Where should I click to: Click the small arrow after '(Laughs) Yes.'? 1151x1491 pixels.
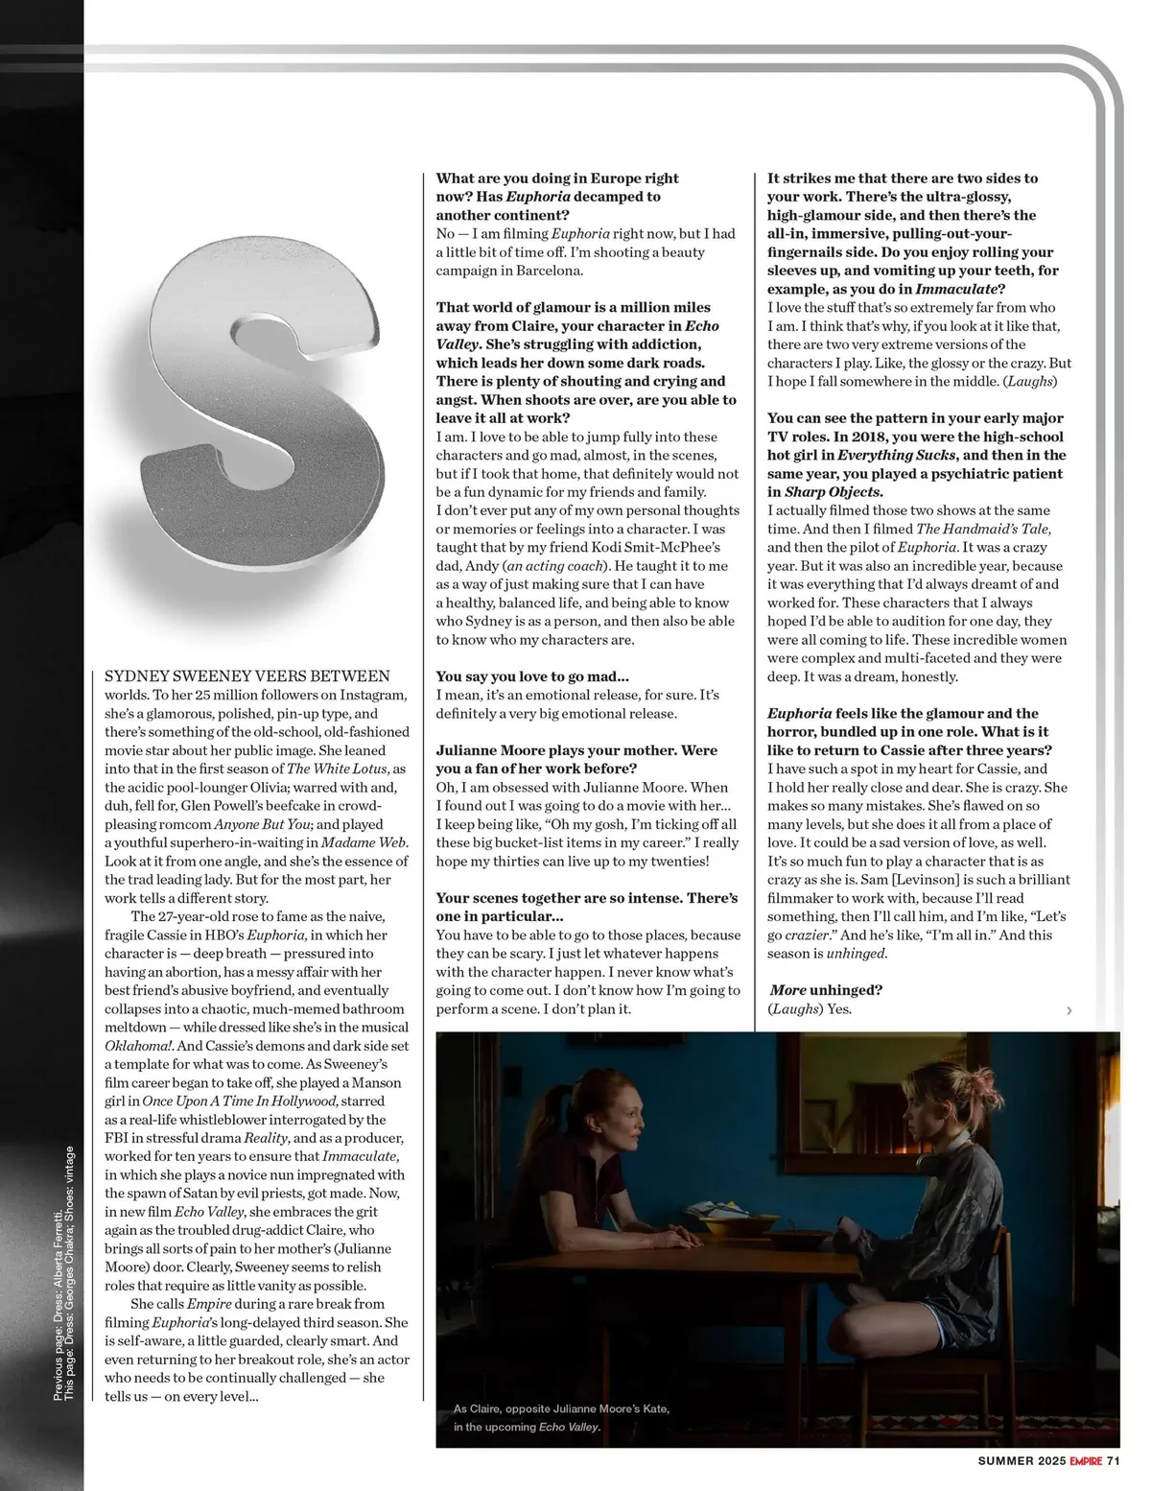point(1069,1010)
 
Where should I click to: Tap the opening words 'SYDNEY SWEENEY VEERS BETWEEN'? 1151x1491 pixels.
point(247,676)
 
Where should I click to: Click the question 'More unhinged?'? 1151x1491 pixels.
point(826,989)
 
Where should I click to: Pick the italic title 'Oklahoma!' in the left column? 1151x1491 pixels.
point(139,1046)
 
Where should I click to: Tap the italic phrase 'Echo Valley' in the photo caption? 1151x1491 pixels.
point(569,1427)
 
